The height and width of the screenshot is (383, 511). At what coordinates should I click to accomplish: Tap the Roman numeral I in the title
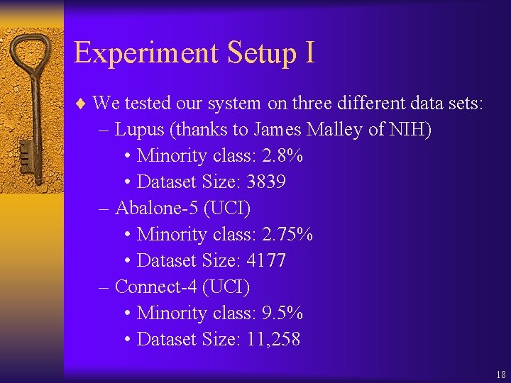coord(309,52)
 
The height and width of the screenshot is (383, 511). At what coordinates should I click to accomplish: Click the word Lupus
coord(138,129)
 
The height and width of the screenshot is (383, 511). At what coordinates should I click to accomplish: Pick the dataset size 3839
coord(266,182)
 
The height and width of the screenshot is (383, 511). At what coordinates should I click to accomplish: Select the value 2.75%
coord(287,234)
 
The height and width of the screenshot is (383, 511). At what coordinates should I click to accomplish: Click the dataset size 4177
coord(266,260)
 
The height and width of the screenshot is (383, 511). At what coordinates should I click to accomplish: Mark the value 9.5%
coord(282,313)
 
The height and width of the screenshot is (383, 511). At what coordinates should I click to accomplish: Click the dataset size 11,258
coord(273,339)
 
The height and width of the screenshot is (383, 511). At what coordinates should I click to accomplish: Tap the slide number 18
coord(501,374)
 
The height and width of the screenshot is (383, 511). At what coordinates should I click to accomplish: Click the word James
coord(278,129)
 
